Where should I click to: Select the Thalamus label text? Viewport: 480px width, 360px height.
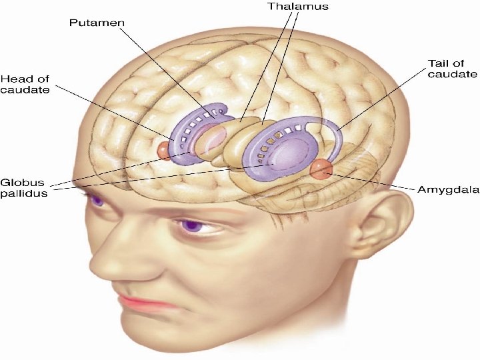coord(298,7)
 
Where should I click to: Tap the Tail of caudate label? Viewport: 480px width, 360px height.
coord(452,69)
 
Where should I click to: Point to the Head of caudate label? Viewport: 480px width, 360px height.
coord(25,84)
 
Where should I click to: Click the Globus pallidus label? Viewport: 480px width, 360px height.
coord(24,188)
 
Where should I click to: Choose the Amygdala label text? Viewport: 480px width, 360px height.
coord(449,189)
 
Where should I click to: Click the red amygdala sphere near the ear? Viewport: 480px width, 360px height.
coord(321,169)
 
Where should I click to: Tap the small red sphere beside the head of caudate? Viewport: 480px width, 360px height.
coord(163,151)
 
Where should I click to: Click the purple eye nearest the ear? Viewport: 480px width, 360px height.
coord(193,225)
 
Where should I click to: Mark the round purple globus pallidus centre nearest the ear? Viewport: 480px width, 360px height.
coord(289,152)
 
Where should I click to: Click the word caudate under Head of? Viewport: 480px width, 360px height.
coord(25,90)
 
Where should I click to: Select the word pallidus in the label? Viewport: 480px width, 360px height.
coord(24,193)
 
